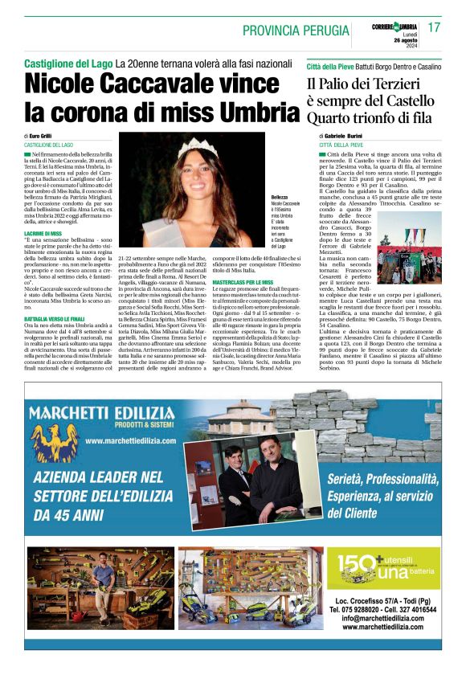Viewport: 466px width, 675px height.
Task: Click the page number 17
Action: pos(434,27)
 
